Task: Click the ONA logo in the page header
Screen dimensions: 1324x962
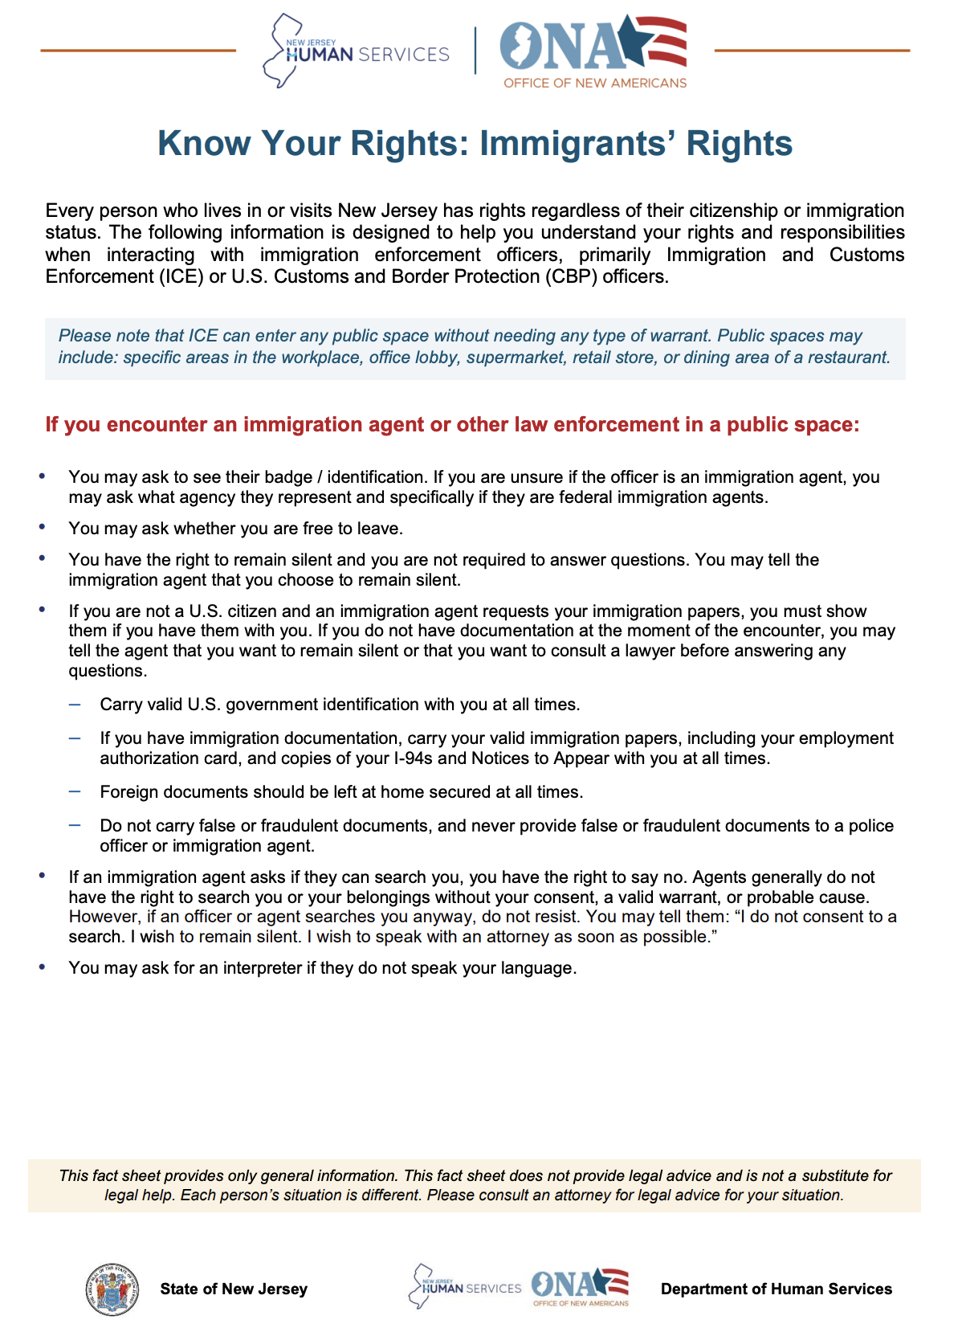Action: coord(593,51)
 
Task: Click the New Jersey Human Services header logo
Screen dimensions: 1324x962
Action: coord(356,51)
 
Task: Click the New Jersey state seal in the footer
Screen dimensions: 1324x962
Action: coord(112,1289)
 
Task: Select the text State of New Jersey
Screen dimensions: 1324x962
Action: coord(234,1289)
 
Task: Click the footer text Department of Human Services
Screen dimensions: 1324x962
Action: coord(776,1289)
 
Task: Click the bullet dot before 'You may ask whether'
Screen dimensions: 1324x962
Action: coord(43,527)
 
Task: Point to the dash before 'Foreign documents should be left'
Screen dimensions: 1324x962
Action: coord(75,791)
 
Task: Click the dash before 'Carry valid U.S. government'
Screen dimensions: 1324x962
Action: coord(75,704)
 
